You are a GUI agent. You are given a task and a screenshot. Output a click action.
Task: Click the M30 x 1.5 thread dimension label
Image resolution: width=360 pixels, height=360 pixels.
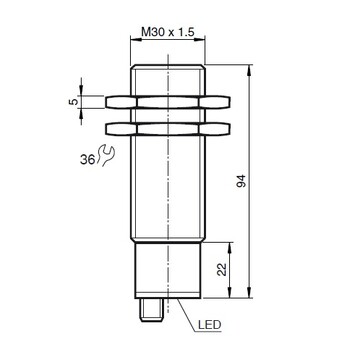click(x=168, y=32)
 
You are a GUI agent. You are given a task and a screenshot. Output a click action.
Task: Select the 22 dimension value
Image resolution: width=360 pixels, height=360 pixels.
click(x=222, y=270)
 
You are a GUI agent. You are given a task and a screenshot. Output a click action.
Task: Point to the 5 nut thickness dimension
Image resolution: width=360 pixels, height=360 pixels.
click(x=73, y=101)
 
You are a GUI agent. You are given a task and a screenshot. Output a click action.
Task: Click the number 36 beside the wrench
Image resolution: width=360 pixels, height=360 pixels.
click(x=87, y=160)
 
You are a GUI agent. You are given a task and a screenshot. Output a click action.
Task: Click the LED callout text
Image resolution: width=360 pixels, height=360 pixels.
click(x=209, y=324)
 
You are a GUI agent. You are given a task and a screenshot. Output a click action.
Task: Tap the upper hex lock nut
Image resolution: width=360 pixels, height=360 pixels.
click(x=168, y=102)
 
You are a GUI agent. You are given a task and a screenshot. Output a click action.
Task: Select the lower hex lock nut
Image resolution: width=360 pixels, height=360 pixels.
click(x=168, y=129)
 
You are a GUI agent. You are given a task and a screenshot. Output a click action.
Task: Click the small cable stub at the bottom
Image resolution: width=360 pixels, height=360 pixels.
click(x=151, y=310)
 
